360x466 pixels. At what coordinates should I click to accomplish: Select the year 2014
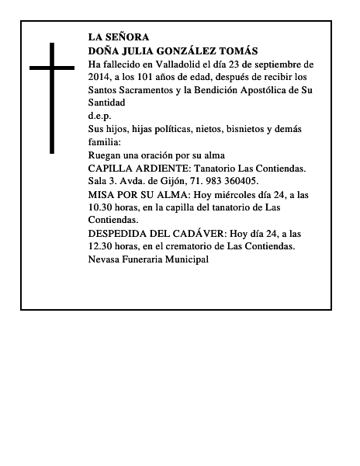102,78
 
